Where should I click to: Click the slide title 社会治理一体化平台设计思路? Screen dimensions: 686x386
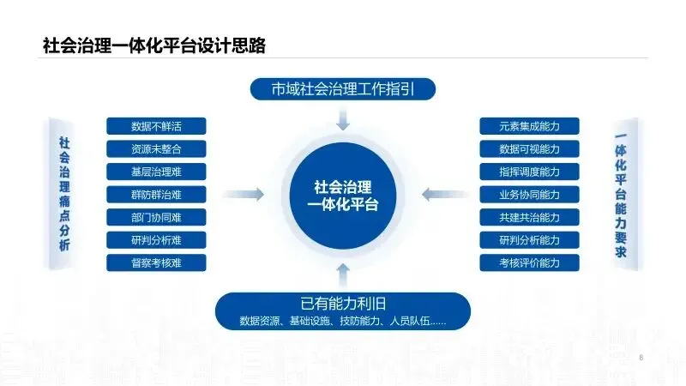(153, 45)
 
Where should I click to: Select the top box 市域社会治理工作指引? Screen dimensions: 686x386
(343, 88)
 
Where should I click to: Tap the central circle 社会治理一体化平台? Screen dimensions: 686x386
(343, 195)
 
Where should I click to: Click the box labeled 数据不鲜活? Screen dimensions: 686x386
(157, 126)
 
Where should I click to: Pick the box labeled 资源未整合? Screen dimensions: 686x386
(157, 148)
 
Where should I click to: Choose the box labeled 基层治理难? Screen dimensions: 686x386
(157, 172)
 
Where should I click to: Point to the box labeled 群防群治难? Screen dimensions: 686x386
(157, 194)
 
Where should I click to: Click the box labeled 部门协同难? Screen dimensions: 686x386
(157, 217)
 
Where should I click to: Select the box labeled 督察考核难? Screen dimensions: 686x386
(157, 262)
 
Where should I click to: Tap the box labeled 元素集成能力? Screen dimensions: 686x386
(529, 126)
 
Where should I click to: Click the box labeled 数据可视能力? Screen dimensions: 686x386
(529, 148)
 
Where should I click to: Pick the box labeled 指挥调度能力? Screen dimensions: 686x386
(529, 172)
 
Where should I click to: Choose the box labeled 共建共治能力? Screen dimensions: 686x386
(529, 217)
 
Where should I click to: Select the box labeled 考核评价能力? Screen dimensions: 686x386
(529, 262)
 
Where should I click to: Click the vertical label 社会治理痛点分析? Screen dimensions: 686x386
(64, 194)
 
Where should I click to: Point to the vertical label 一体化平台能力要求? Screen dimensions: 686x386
(621, 194)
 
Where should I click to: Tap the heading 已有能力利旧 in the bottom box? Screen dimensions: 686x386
(343, 303)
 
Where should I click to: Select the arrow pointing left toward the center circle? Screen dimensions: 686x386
(436, 195)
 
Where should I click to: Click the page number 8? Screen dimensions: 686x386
(641, 356)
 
